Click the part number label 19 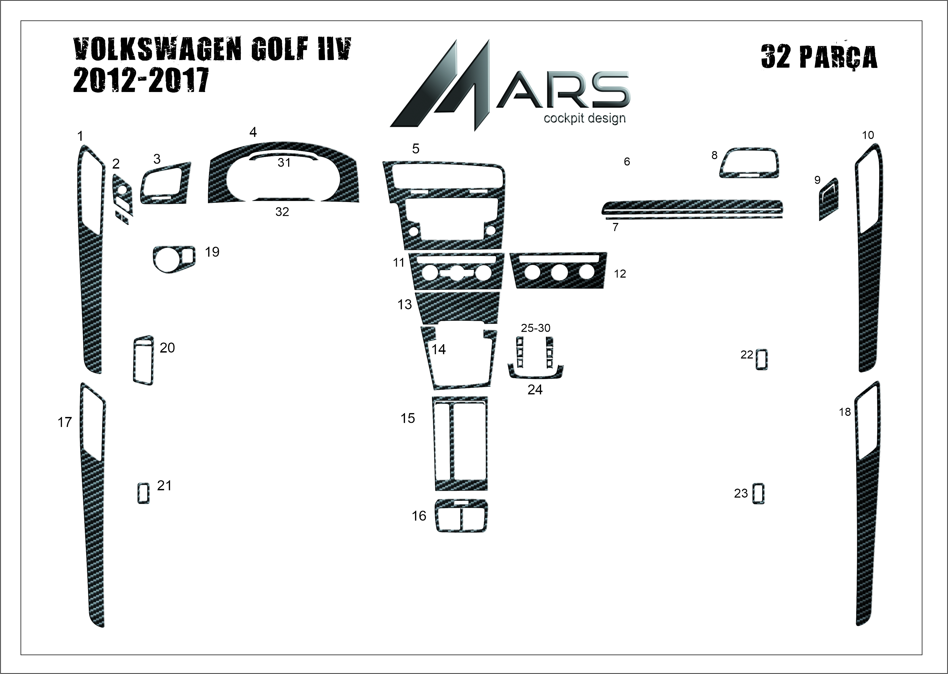point(212,252)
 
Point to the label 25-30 point(536,328)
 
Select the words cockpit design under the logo point(585,118)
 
